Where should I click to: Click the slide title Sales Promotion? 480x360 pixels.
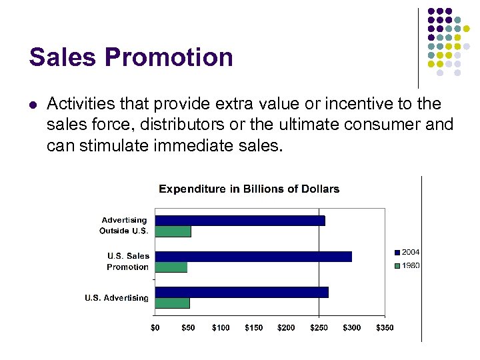click(x=131, y=57)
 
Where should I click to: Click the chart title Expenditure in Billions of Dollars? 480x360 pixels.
click(x=249, y=189)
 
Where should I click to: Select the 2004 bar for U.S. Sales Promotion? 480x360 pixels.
click(x=253, y=257)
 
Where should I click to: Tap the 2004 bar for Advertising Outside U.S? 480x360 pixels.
click(x=240, y=221)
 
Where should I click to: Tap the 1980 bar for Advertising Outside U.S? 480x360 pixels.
click(x=173, y=231)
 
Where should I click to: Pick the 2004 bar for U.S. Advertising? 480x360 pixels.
click(x=241, y=292)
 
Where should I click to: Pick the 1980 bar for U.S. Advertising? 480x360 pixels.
click(x=172, y=303)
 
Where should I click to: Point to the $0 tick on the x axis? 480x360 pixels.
click(x=155, y=327)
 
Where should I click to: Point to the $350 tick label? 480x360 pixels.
click(x=385, y=327)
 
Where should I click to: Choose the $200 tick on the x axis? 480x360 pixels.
click(x=286, y=327)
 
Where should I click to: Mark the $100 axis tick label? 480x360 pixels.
click(x=221, y=327)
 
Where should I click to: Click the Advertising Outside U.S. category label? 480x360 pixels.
click(x=125, y=225)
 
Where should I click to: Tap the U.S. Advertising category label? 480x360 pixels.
click(x=117, y=298)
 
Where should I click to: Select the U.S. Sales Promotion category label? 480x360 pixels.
click(x=128, y=261)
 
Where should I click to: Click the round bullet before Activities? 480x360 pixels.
click(x=33, y=105)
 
